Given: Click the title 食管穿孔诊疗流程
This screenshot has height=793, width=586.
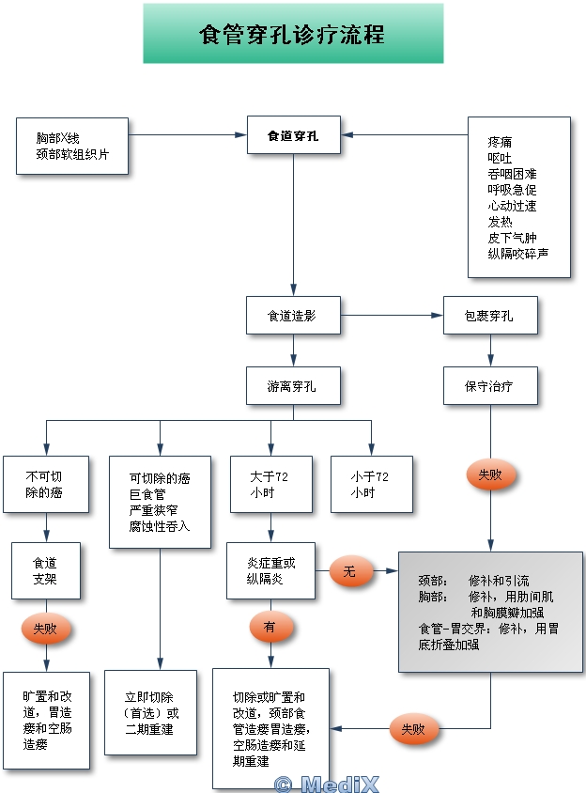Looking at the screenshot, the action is [292, 35].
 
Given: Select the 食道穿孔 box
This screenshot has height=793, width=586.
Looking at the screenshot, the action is [293, 135].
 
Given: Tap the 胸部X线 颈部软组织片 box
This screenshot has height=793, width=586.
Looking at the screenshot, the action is [71, 147].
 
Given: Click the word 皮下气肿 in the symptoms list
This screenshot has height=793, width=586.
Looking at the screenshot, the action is [512, 238].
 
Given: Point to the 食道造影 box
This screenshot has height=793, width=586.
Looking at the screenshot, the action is [293, 315].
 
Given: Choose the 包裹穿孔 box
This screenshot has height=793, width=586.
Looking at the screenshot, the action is [490, 315].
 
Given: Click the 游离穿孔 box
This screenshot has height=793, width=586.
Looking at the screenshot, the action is [293, 385].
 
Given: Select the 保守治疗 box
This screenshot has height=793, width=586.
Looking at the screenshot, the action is [490, 385].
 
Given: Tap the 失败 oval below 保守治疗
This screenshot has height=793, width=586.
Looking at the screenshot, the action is [490, 474].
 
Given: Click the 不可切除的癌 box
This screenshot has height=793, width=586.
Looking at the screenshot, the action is [46, 485].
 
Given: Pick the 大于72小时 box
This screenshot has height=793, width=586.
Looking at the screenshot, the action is [271, 485].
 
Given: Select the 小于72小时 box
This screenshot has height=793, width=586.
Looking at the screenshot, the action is [372, 485].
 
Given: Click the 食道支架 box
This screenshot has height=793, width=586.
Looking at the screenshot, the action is [46, 571].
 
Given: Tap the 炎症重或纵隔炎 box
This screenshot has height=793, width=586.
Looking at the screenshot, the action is [271, 571].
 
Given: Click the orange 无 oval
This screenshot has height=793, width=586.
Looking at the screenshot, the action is [351, 571].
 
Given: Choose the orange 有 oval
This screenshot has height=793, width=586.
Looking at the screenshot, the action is [271, 627].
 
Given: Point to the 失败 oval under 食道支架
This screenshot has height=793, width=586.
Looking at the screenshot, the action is [45, 629].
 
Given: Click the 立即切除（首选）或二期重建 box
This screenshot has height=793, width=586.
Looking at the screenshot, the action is [150, 712].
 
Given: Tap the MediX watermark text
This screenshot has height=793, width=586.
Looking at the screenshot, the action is [327, 784].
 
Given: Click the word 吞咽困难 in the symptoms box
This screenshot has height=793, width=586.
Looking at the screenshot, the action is [512, 174].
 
